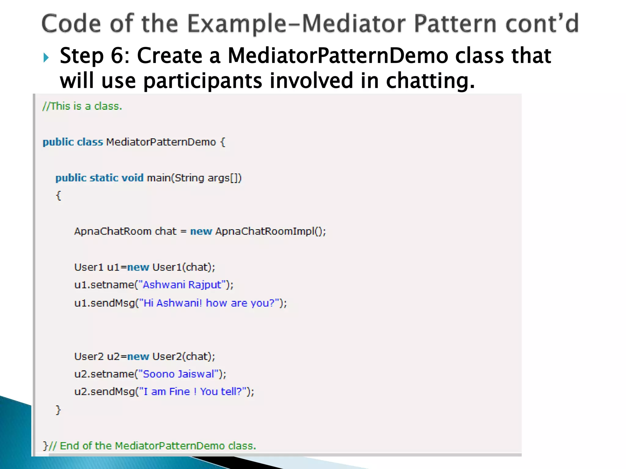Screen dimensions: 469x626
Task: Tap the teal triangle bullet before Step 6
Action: point(46,57)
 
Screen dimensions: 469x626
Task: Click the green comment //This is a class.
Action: point(82,106)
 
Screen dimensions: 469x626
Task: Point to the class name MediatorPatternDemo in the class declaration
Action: point(161,142)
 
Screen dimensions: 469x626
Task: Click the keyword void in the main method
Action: point(132,178)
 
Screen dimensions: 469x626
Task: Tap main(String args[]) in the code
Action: point(194,178)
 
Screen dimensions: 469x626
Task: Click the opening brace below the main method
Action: point(58,195)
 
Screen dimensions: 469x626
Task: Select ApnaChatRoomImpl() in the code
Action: point(270,231)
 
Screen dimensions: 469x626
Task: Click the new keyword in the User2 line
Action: point(138,357)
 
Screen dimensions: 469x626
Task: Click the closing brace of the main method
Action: point(58,410)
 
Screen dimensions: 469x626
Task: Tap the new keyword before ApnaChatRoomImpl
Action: point(201,231)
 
